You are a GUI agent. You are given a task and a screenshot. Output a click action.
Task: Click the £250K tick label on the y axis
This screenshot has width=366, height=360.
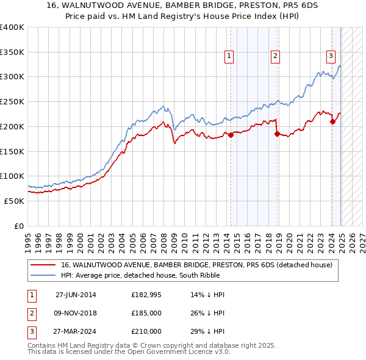(x=12, y=101)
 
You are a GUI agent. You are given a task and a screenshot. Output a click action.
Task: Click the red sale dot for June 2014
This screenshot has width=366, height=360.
(x=231, y=135)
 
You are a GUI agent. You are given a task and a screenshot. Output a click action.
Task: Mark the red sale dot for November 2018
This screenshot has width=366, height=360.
(x=277, y=134)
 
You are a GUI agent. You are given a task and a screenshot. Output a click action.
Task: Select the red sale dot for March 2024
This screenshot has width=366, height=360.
(x=332, y=121)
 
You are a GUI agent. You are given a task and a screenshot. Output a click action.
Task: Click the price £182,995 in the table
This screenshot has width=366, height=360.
(x=146, y=295)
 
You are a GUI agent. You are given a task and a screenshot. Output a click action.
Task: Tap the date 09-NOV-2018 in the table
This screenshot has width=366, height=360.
(x=76, y=313)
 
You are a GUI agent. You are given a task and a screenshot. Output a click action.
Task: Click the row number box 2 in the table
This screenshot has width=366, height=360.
(x=30, y=313)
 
